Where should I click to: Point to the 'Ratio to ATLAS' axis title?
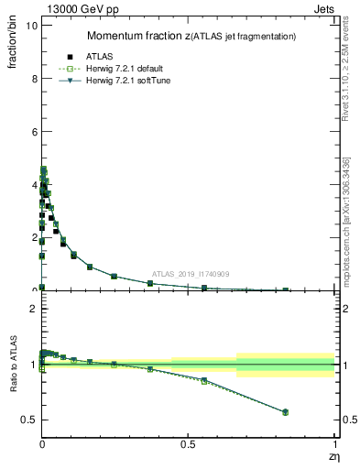13,365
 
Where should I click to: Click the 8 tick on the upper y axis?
32,79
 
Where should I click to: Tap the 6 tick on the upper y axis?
32,132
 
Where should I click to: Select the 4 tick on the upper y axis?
32,184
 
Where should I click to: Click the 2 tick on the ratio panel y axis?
32,309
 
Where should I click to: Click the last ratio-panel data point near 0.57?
285,412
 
